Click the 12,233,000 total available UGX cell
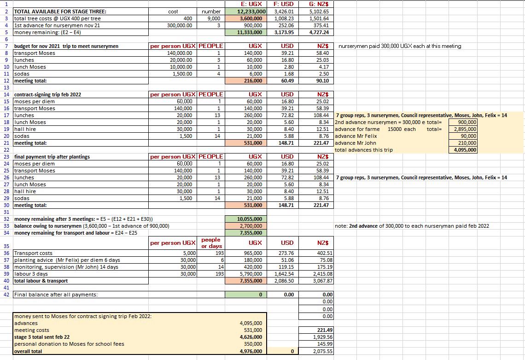click(251, 12)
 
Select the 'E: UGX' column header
click(251, 4)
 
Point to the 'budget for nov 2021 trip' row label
click(66, 46)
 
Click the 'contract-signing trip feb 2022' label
click(48, 94)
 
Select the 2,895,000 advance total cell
click(465, 129)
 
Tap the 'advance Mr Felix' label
click(356, 136)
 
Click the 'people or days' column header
click(211, 242)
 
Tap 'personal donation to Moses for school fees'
click(69, 344)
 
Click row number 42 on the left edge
click(6, 295)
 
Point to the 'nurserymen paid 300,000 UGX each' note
click(400, 46)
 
